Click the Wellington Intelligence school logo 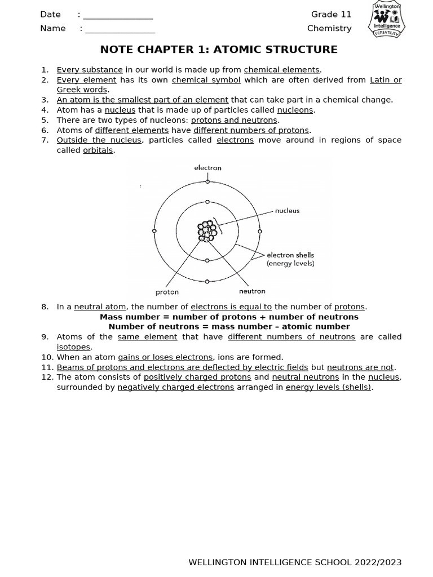(x=387, y=20)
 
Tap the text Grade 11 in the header (x=331, y=15)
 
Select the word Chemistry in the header (x=329, y=28)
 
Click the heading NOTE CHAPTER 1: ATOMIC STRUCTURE (x=219, y=50)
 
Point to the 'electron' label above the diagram (x=207, y=168)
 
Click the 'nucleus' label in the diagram (x=287, y=211)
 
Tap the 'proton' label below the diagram (x=167, y=292)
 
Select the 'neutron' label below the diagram (x=252, y=291)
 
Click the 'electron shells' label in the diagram (x=290, y=255)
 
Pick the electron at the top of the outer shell (x=207, y=181)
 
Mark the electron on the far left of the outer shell (x=154, y=231)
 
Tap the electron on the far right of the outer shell (x=260, y=231)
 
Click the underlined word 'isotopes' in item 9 (x=73, y=347)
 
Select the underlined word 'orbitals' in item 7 (x=98, y=150)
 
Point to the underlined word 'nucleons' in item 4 (x=295, y=110)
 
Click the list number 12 (x=47, y=377)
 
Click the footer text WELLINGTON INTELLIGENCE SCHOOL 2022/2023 (x=295, y=562)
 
